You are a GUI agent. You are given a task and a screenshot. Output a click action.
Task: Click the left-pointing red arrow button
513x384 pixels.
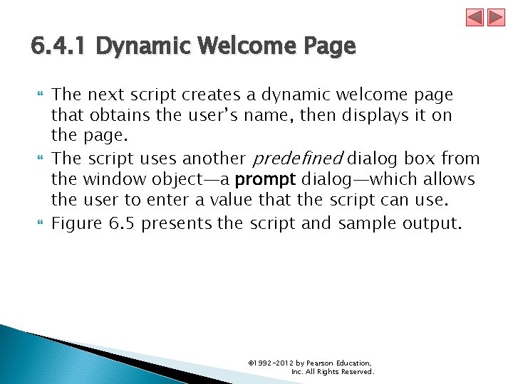(x=475, y=17)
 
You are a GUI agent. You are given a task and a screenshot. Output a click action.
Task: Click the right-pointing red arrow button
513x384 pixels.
(x=496, y=17)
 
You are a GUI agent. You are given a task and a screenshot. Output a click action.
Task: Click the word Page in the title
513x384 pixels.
(x=328, y=47)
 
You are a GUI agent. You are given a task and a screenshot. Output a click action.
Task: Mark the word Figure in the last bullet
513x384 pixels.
(x=78, y=223)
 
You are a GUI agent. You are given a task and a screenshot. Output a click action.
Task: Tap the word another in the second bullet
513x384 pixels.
(x=212, y=159)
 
